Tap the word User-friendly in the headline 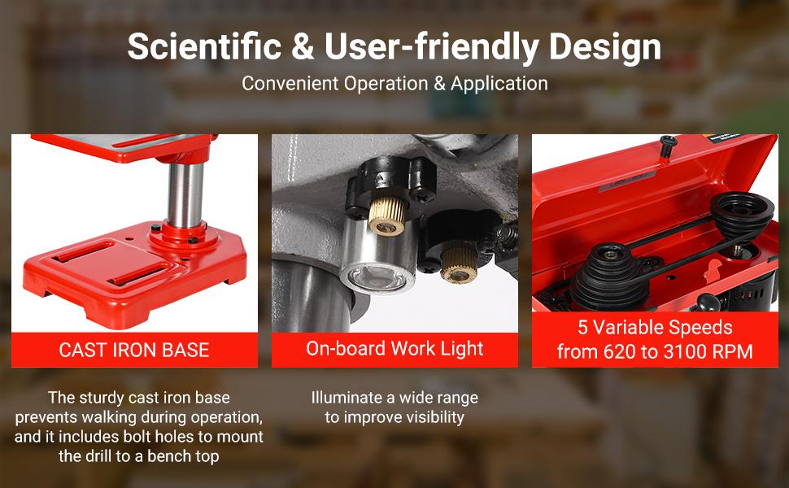[432, 47]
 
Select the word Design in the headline [604, 47]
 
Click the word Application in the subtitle [499, 84]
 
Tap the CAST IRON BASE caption [134, 351]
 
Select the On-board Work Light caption [394, 349]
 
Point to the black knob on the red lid [668, 144]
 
